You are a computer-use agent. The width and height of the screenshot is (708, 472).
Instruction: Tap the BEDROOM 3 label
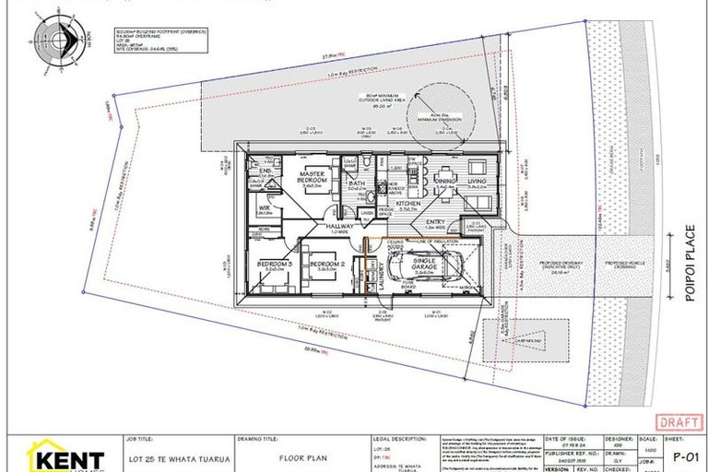coord(274,265)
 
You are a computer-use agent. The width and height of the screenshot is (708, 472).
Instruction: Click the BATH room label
coord(358,184)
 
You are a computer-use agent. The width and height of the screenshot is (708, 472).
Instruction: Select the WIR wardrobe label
coord(265,208)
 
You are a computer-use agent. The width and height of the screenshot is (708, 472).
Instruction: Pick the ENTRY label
coord(435,222)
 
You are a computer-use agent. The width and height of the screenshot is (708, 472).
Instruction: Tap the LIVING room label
coord(476,182)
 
